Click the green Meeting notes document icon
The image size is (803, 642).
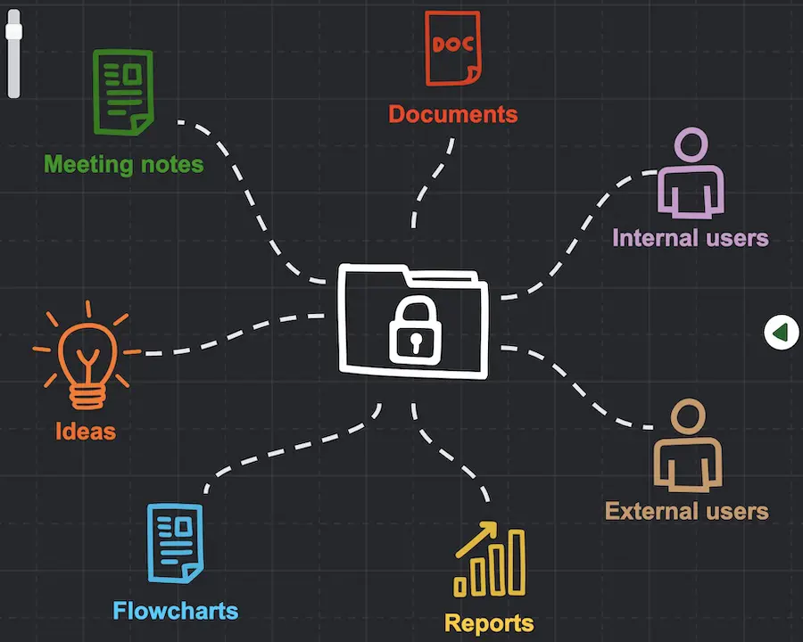[123, 92]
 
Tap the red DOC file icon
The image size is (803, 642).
[453, 48]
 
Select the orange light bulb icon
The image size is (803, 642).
[87, 355]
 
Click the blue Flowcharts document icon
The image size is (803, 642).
[175, 543]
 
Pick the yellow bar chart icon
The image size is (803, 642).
[490, 560]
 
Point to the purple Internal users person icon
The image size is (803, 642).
[691, 173]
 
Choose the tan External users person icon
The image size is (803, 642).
[688, 446]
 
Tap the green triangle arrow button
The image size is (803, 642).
[781, 333]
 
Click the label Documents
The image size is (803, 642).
[453, 113]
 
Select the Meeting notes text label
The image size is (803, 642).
[123, 164]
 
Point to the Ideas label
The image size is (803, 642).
[86, 431]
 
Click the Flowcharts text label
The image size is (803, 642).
[176, 611]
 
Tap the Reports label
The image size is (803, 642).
[489, 623]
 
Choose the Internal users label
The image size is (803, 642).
[691, 238]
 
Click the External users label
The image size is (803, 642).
[687, 511]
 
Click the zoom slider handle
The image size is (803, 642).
[13, 32]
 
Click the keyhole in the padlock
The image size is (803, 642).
[415, 342]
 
